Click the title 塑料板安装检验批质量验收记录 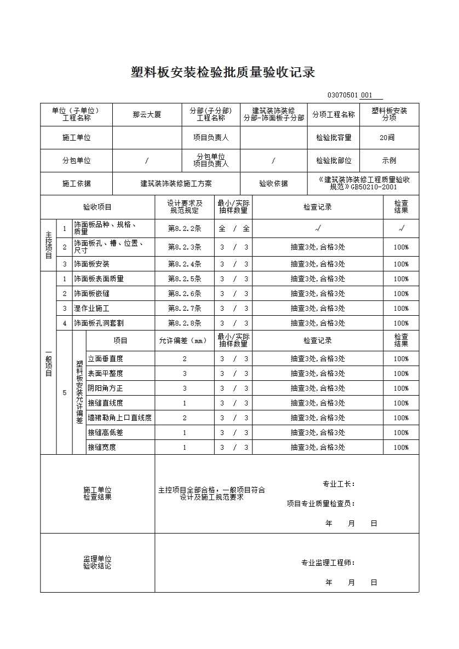click(223, 72)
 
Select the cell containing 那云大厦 click(147, 115)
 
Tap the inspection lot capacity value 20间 click(387, 138)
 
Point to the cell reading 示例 click(389, 161)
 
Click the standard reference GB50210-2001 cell click(364, 183)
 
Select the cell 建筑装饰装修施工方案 click(176, 184)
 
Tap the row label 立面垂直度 click(106, 359)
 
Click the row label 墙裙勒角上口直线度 click(120, 418)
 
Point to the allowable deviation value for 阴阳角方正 click(185, 389)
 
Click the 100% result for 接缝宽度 click(401, 448)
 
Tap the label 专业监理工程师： click(328, 563)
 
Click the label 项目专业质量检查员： click(321, 503)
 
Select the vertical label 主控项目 click(48, 245)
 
